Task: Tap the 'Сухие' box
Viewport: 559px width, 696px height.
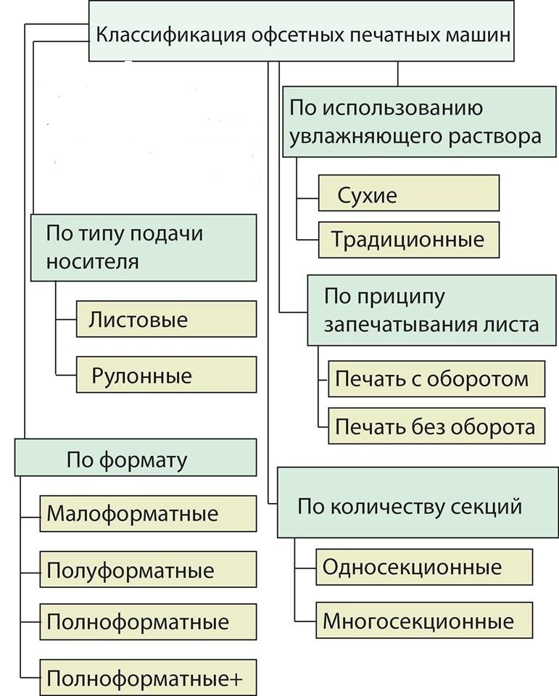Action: pyautogui.click(x=409, y=194)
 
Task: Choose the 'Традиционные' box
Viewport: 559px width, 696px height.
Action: pyautogui.click(x=409, y=239)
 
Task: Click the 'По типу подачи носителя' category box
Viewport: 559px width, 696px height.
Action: pyautogui.click(x=144, y=247)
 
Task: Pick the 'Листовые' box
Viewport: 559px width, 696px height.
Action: pyautogui.click(x=166, y=320)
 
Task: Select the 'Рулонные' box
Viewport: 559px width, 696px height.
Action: pyautogui.click(x=166, y=376)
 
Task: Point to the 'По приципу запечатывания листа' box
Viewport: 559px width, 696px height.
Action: pyautogui.click(x=431, y=310)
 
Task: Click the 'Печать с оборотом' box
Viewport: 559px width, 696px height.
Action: pyautogui.click(x=436, y=379)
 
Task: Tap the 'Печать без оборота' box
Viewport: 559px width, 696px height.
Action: pyautogui.click(x=436, y=427)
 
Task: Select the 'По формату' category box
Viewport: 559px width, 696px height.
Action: pyautogui.click(x=136, y=458)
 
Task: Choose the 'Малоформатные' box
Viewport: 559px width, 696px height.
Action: pyautogui.click(x=148, y=514)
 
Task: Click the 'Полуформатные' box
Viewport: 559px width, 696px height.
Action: pyautogui.click(x=148, y=570)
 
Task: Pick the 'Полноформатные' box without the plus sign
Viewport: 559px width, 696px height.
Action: pyautogui.click(x=148, y=621)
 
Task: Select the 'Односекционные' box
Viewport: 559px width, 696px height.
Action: pyautogui.click(x=424, y=566)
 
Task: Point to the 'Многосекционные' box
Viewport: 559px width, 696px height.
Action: pyautogui.click(x=424, y=621)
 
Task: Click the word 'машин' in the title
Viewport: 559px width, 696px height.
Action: pyautogui.click(x=477, y=35)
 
